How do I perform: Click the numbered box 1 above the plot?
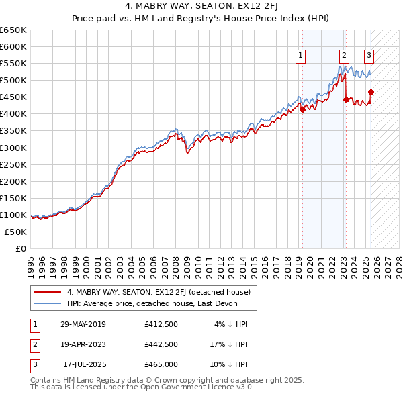click(300, 56)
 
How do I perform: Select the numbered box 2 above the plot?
click(344, 56)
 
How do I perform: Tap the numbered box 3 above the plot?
click(369, 56)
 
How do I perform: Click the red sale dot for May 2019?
click(302, 110)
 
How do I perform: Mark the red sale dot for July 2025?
click(371, 93)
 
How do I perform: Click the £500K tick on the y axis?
click(13, 80)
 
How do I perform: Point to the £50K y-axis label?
click(16, 232)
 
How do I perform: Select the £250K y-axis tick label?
click(13, 164)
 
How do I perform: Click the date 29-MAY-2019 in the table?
click(83, 325)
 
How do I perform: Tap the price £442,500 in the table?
click(161, 344)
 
